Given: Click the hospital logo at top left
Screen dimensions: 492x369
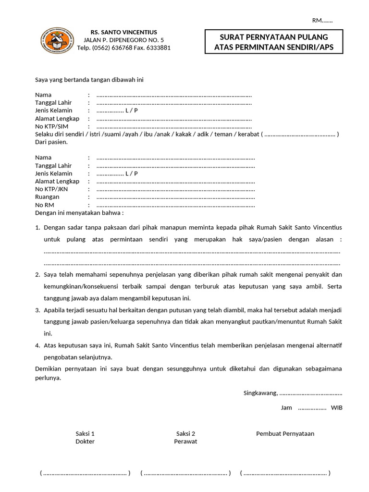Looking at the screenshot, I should tap(57, 40).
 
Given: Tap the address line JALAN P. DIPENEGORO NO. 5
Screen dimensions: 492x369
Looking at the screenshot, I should tap(123, 40).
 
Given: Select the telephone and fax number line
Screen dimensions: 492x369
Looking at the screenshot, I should tap(123, 48).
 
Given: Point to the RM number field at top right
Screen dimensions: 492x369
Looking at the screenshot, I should tap(322, 20).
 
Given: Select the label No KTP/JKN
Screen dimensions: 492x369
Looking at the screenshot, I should tap(52, 189).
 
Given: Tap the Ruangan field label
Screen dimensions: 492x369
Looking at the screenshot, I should tap(47, 197).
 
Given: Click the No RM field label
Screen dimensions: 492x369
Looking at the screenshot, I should tap(45, 205).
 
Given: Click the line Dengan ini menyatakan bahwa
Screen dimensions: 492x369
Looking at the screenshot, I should tap(79, 213).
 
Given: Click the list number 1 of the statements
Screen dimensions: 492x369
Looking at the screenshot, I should tap(37, 227).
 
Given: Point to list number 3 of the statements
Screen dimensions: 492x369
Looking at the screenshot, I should tap(37, 310).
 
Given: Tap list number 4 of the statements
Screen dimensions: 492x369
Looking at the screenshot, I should tap(37, 345).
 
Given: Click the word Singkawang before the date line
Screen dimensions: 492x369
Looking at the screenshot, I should tap(260, 393).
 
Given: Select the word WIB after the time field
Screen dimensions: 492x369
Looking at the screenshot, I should tap(337, 408).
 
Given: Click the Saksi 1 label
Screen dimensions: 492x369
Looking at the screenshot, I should tap(85, 433).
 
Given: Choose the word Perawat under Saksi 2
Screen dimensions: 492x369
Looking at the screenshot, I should tap(185, 442).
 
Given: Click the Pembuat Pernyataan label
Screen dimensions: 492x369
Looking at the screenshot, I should tap(285, 433).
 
